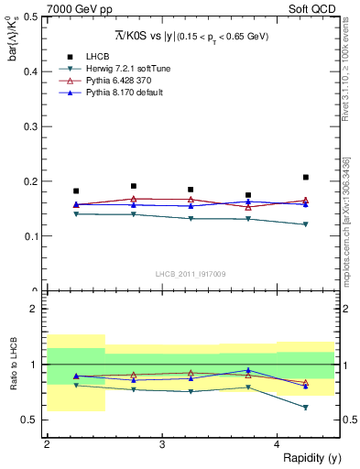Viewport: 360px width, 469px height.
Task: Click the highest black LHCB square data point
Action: click(x=306, y=178)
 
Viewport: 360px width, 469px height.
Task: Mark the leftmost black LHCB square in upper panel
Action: click(x=76, y=191)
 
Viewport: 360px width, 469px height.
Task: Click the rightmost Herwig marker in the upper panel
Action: click(x=306, y=224)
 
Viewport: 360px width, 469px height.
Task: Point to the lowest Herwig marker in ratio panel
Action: click(x=306, y=408)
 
